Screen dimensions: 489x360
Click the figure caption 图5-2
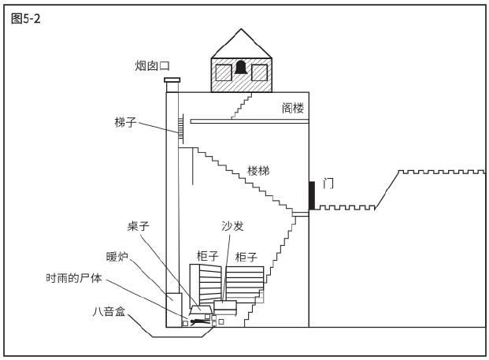[x=25, y=19]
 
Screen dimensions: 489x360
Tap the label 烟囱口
[x=153, y=66]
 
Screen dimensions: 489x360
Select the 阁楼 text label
[x=293, y=108]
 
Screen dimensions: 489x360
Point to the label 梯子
[x=126, y=122]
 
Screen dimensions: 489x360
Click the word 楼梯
[x=258, y=171]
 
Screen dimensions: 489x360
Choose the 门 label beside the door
[x=328, y=184]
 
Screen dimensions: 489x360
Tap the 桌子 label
[x=138, y=226]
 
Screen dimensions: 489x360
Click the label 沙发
[x=232, y=226]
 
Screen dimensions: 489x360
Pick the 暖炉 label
[x=117, y=257]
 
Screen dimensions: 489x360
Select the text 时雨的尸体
[x=74, y=277]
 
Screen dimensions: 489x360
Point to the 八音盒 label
[x=109, y=311]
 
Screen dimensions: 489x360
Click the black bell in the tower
[x=241, y=68]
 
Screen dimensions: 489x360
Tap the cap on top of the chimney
[x=172, y=80]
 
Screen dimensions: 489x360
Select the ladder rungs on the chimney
[x=180, y=129]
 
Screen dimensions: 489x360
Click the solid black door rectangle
[x=312, y=195]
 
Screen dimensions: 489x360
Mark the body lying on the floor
[x=198, y=322]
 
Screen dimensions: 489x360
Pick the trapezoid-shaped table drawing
[x=201, y=310]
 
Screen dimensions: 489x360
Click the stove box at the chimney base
[x=174, y=310]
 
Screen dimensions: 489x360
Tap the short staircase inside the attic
[x=242, y=106]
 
